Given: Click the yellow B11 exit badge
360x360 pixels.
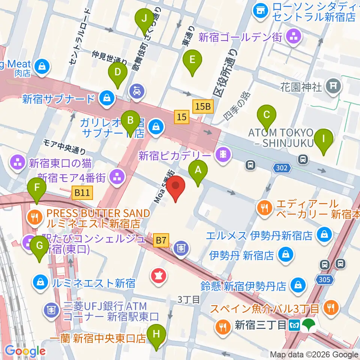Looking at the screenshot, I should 82,193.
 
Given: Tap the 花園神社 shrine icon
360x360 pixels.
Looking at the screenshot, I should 333,87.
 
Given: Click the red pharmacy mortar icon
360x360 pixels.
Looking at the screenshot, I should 159,276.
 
